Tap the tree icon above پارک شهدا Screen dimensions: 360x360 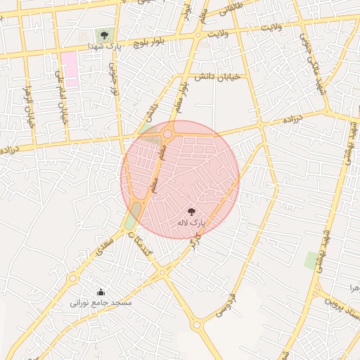click(x=104, y=34)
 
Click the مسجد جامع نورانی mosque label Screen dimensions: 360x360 click(x=100, y=302)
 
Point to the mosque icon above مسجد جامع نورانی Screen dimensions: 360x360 click(x=101, y=291)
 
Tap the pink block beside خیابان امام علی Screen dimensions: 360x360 click(x=68, y=65)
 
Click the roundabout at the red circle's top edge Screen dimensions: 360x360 click(x=167, y=134)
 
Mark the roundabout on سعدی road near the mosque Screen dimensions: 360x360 click(x=72, y=278)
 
